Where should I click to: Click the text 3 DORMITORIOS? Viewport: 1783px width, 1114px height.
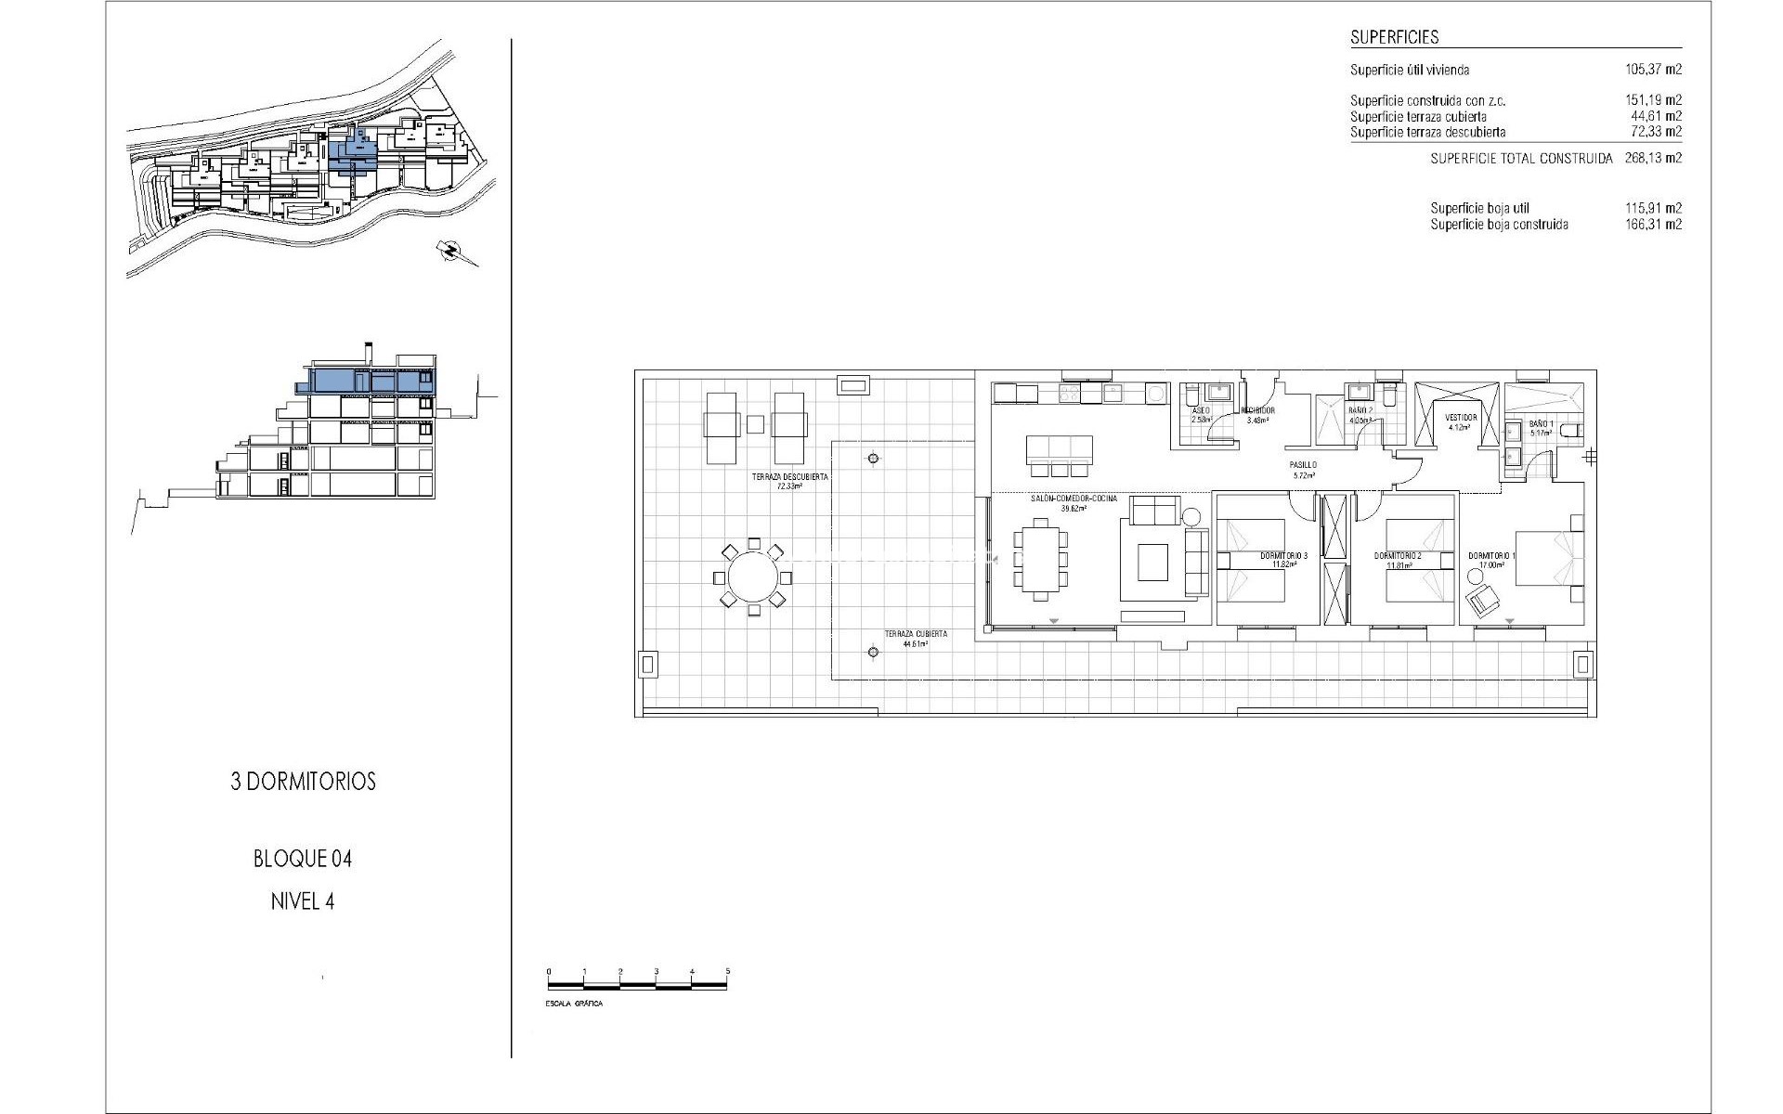click(303, 782)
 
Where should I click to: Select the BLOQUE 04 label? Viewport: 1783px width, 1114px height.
click(303, 859)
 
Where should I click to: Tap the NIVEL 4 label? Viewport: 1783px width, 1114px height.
click(303, 901)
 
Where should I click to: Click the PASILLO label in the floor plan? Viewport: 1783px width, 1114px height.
click(1303, 465)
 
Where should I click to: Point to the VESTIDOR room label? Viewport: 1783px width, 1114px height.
click(1462, 418)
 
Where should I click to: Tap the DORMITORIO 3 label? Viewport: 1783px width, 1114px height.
click(1283, 556)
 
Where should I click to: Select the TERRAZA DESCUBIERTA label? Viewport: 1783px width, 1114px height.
click(789, 477)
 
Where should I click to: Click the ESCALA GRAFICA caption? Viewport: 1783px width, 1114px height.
click(574, 1004)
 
